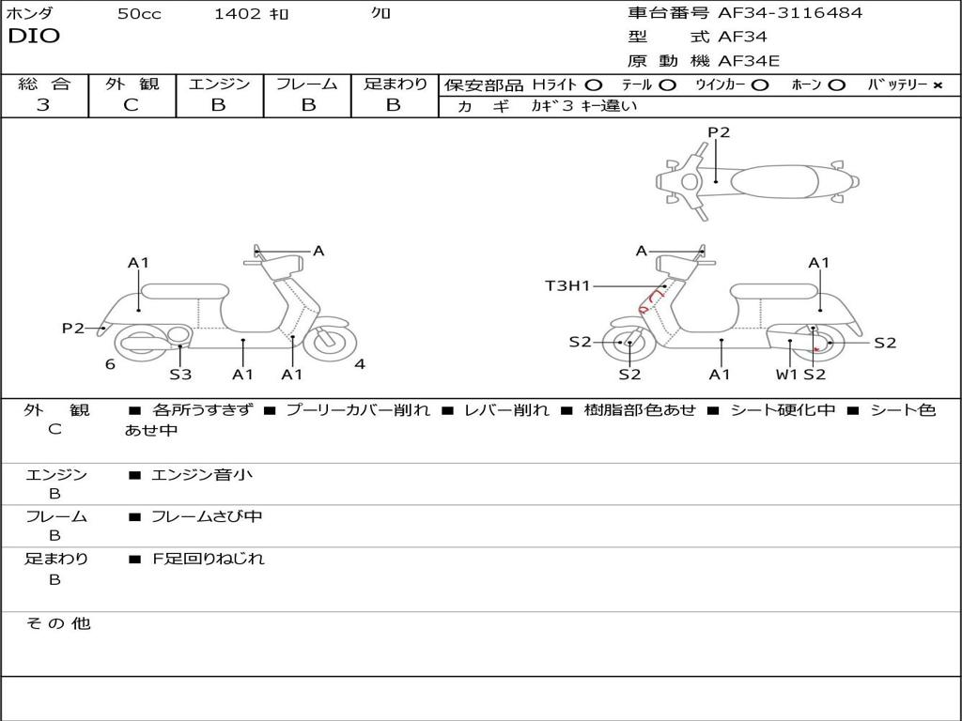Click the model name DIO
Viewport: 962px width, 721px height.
34,37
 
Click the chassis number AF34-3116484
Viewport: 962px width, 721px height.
790,13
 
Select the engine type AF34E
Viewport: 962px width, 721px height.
749,61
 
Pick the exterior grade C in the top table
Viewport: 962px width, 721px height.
131,105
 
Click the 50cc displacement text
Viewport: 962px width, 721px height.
139,14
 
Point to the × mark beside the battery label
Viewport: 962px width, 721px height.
938,85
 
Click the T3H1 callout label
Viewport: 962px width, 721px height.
567,285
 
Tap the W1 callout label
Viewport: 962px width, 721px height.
786,374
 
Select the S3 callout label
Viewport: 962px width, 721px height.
180,374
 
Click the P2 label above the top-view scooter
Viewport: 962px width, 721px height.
719,132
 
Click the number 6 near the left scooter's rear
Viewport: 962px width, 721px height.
110,364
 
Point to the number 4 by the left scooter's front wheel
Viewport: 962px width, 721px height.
360,364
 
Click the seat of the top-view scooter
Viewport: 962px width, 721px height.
774,182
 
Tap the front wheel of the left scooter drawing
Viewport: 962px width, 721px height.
330,342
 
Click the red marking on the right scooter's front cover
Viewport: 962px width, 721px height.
650,301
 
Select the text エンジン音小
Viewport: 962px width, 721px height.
201,474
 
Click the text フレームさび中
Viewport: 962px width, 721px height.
207,517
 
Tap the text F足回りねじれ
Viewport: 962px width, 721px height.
209,559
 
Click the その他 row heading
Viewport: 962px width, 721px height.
58,623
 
